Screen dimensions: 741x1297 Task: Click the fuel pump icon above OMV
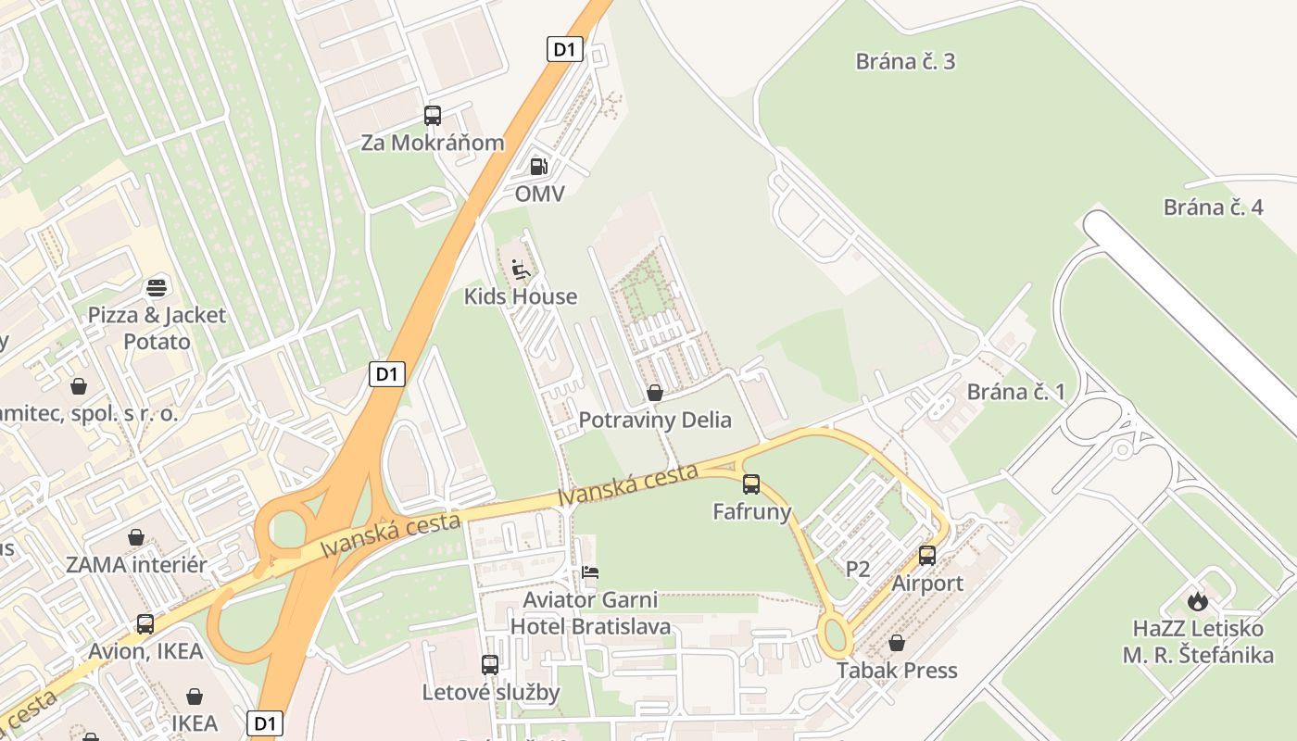click(x=538, y=167)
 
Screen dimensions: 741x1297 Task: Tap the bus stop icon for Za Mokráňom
click(x=433, y=116)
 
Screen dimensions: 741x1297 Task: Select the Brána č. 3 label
click(x=905, y=62)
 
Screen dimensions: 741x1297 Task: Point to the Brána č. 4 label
click(x=1213, y=207)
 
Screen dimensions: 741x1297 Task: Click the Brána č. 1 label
click(x=1016, y=392)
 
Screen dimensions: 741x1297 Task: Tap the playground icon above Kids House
click(x=521, y=270)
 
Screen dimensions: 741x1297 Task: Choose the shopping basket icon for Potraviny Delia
click(x=655, y=393)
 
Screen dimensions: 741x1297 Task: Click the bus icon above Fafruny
click(x=751, y=484)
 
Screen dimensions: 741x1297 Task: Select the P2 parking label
click(x=858, y=569)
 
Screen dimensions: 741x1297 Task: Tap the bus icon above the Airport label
click(x=927, y=556)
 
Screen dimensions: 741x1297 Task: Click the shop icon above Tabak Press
click(x=897, y=643)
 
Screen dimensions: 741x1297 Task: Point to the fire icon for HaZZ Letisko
click(x=1198, y=601)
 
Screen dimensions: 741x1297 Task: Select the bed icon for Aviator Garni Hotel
click(x=590, y=572)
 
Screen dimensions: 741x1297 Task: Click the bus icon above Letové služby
click(x=490, y=664)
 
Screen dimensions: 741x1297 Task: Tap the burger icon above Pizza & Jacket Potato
click(x=157, y=287)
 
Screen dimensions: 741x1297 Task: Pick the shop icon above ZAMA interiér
click(x=136, y=537)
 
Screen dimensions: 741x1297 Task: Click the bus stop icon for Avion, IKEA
click(x=145, y=623)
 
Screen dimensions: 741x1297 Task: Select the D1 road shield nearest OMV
click(x=564, y=50)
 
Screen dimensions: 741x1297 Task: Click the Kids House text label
click(x=521, y=297)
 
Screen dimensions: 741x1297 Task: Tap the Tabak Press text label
click(x=897, y=671)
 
